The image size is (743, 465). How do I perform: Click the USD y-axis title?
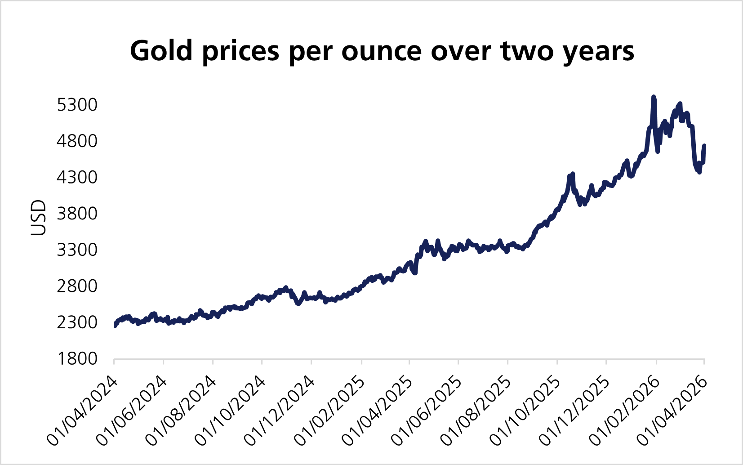point(39,218)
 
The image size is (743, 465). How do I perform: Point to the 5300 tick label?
point(77,105)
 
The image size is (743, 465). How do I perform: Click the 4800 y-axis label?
point(77,141)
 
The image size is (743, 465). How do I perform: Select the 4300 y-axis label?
point(77,177)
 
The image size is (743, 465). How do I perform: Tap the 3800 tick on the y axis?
point(77,214)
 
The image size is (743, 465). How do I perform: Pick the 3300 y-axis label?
point(77,250)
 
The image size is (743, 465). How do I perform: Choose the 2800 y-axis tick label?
point(77,286)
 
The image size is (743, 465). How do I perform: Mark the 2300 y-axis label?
point(77,322)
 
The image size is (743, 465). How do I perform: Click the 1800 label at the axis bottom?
point(77,358)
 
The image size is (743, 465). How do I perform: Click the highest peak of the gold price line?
point(654,97)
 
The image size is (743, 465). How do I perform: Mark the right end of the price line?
point(704,146)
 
